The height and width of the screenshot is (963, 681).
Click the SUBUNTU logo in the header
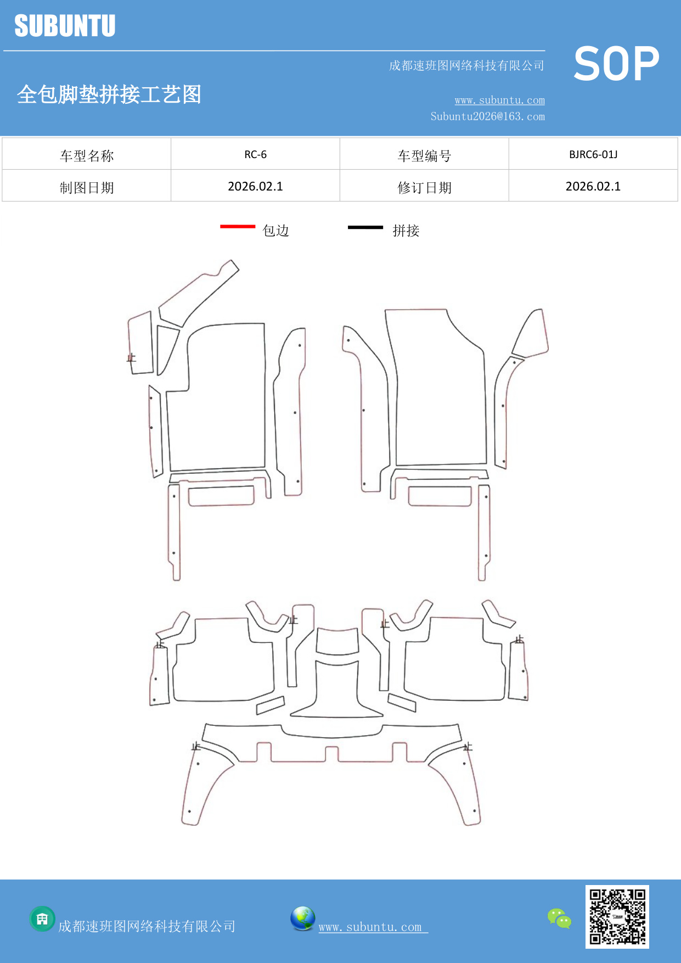[65, 26]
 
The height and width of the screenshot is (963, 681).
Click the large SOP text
[616, 64]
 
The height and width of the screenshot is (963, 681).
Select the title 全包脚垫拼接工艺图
[109, 94]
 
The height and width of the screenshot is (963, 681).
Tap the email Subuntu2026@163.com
[487, 116]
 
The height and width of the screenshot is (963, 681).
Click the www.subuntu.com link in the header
[499, 100]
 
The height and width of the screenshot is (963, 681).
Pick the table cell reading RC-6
[255, 154]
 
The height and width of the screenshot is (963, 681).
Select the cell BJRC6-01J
[593, 154]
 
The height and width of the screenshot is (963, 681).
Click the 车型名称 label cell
[87, 156]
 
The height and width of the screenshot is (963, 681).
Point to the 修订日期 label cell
[424, 188]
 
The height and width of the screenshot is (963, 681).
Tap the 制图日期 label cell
[87, 188]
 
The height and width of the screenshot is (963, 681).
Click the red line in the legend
[238, 226]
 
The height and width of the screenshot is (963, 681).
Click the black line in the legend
[365, 227]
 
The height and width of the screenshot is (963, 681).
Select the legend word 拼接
[406, 231]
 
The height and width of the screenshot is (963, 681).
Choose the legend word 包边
[275, 231]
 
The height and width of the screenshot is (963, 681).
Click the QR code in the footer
[617, 916]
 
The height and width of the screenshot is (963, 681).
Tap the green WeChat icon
[559, 919]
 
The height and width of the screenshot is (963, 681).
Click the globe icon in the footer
[302, 919]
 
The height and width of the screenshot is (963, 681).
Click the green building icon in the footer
[42, 919]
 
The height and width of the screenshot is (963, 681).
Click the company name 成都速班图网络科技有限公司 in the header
[466, 66]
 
